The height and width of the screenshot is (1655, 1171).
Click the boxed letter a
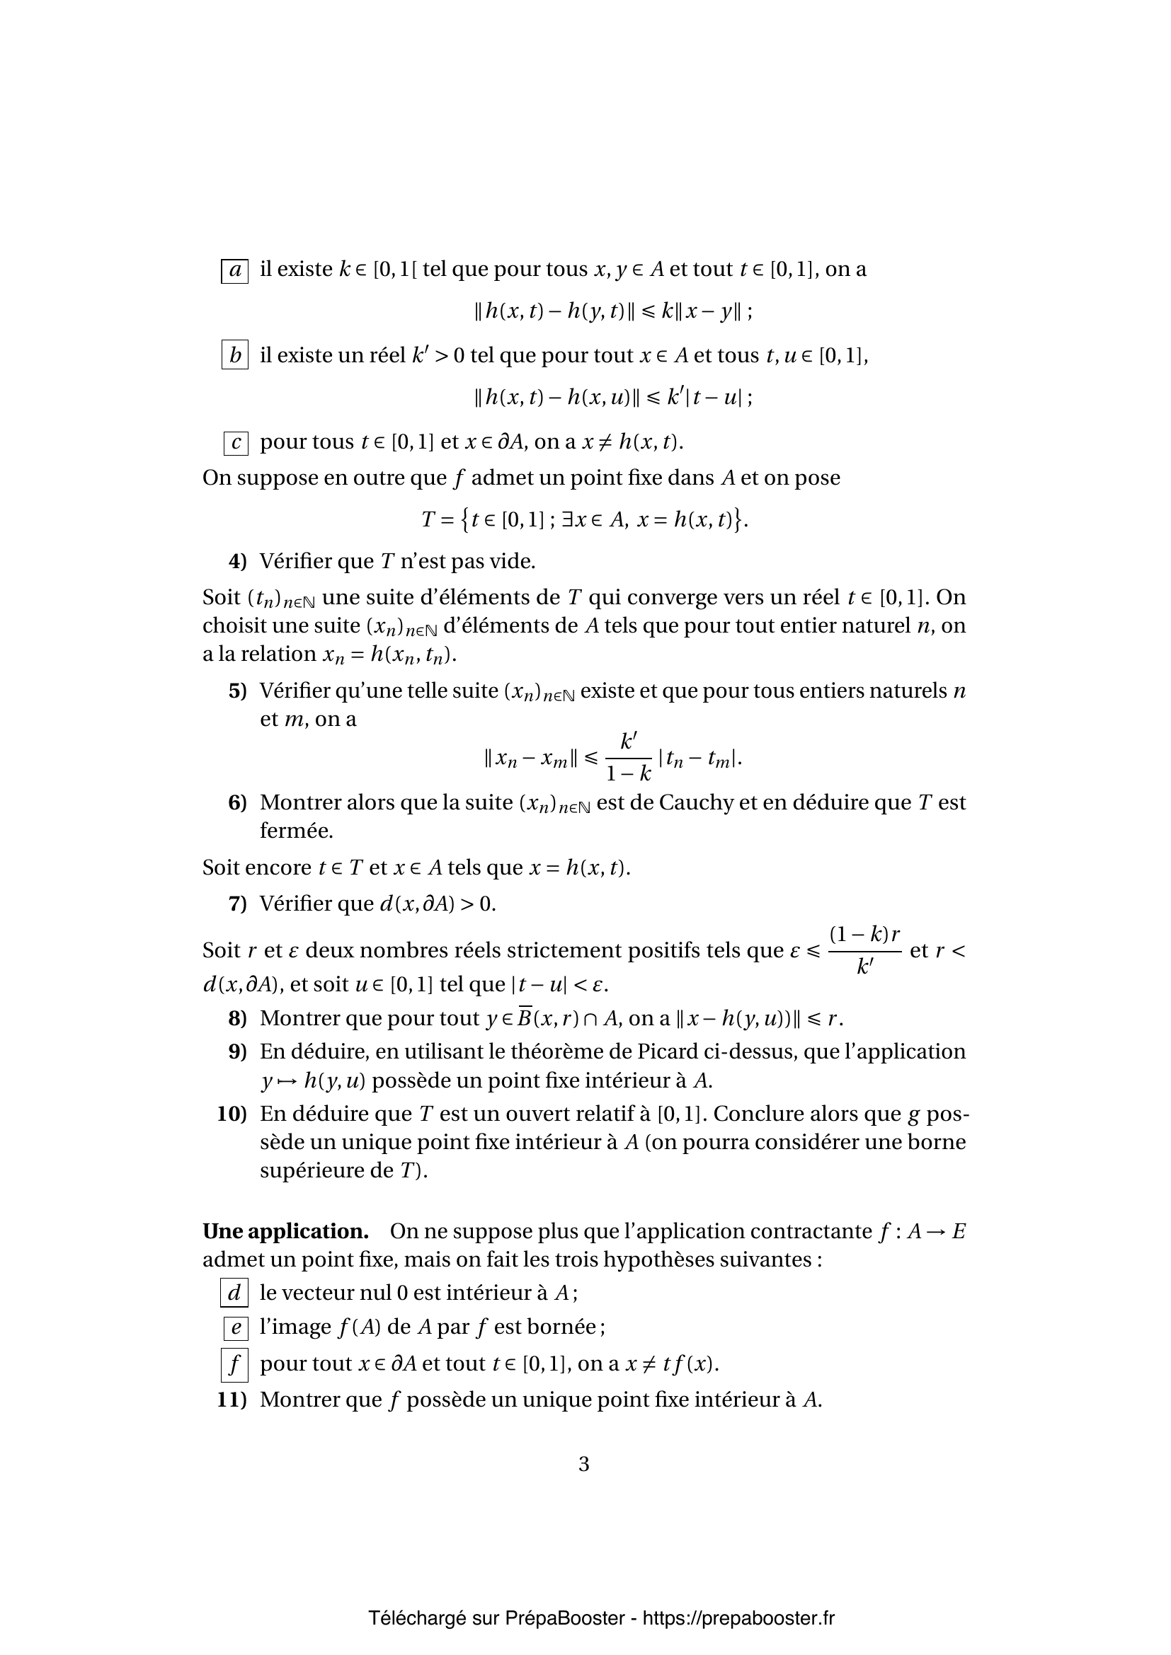pos(234,271)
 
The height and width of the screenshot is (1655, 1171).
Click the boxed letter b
pos(234,355)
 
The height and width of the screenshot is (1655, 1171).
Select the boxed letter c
pos(236,442)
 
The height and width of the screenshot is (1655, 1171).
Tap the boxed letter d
pos(234,1293)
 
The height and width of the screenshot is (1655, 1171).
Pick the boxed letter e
pos(236,1327)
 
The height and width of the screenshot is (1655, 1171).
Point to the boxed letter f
pos(234,1364)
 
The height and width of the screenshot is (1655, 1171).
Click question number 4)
pos(237,561)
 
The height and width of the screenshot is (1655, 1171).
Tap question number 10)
pos(232,1114)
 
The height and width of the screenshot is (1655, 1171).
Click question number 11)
pos(232,1400)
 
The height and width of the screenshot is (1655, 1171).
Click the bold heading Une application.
pos(285,1231)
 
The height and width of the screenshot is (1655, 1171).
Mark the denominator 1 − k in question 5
pos(629,774)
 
